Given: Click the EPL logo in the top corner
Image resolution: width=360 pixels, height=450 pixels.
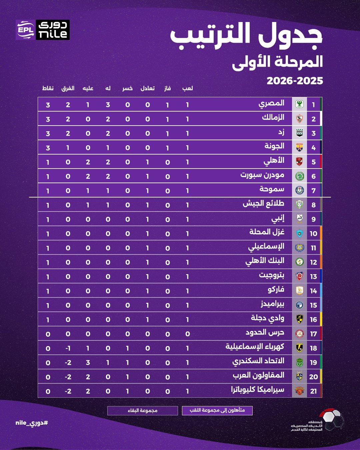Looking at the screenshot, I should coord(26,30).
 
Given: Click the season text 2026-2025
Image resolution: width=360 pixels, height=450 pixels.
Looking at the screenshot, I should coord(295,81).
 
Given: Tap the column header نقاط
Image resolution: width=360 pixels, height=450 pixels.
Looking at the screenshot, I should coord(48,88).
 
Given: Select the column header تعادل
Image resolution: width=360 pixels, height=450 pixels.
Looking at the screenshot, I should coord(147,88).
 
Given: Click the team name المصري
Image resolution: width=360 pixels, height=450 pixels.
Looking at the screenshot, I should coord(271,104).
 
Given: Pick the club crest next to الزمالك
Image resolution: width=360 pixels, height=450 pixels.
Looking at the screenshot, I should coord(299,119).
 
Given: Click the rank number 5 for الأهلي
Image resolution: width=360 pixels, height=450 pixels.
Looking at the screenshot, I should coord(313,162).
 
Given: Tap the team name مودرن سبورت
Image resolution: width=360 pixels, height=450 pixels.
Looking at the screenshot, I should coord(262,175).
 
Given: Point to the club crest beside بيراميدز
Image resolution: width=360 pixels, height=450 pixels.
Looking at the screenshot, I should coord(299,305).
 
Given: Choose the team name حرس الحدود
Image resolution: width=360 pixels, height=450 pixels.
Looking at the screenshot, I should coord(265,333).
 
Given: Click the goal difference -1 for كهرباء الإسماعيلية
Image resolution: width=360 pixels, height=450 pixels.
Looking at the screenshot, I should coord(68,348).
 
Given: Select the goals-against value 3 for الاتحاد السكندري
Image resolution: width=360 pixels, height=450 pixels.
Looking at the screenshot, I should coord(88,363).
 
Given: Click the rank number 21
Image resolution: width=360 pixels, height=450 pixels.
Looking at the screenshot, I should coord(313,391).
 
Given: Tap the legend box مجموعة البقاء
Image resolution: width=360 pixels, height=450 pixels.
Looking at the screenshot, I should coord(143,410).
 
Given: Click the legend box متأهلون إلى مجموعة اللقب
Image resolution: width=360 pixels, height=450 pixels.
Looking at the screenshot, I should coord(217,410).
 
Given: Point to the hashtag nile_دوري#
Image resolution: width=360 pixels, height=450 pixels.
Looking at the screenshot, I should coord(32,423).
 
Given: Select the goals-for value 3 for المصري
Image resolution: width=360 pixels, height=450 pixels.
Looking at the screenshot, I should coord(108,105).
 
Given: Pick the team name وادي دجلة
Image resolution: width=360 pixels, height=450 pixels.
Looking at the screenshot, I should coord(268,318).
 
